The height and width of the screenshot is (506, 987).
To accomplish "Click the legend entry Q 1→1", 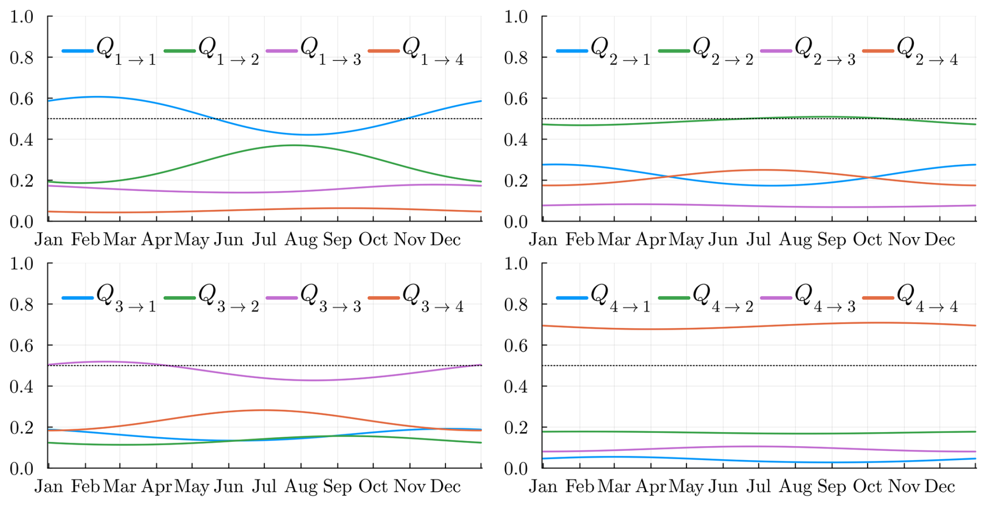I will [110, 51].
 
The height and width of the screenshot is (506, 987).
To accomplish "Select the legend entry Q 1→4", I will [416, 51].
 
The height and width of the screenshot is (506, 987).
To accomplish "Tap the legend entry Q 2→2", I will [706, 51].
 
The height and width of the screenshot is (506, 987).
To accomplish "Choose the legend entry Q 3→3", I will [314, 298].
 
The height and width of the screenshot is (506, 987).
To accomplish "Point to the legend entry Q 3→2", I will [212, 298].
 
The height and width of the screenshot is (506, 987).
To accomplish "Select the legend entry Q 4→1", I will [604, 298].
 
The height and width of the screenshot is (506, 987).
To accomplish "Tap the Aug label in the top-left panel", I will [301, 240].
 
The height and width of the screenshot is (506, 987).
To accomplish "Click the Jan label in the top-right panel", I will [543, 240].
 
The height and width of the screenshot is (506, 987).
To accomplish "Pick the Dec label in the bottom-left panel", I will [446, 487].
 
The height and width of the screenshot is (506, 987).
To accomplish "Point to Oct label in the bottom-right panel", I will [867, 487].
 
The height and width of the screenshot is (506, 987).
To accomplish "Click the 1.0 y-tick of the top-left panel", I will [21, 17].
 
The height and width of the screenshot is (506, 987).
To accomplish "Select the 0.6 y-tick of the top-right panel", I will [516, 98].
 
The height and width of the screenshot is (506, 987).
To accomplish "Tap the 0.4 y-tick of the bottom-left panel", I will [21, 386].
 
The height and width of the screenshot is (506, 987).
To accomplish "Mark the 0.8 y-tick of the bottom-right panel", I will [516, 304].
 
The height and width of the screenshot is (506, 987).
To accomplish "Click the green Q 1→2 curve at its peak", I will [293, 145].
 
